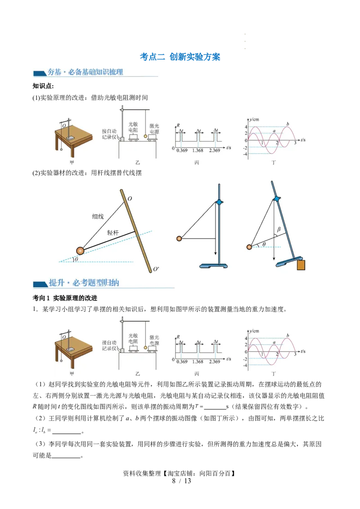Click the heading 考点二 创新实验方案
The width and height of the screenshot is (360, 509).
pyautogui.click(x=180, y=57)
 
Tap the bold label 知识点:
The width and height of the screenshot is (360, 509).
pyautogui.click(x=43, y=86)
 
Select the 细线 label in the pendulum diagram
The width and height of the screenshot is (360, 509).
pyautogui.click(x=98, y=217)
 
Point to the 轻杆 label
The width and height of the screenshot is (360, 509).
pyautogui.click(x=113, y=233)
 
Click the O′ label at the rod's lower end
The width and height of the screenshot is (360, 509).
pyautogui.click(x=156, y=269)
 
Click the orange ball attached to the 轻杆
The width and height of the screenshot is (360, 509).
pyautogui.click(x=80, y=250)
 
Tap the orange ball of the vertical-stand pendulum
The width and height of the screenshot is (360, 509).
pyautogui.click(x=179, y=239)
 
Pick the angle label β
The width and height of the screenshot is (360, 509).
pyautogui.click(x=279, y=229)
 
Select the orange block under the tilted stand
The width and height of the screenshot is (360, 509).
pyautogui.click(x=301, y=265)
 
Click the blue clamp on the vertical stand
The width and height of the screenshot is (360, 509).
pyautogui.click(x=220, y=202)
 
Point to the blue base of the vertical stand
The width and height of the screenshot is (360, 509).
pyautogui.click(x=213, y=266)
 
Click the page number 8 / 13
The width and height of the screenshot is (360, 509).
pyautogui.click(x=182, y=481)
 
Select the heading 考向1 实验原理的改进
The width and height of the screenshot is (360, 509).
pyautogui.click(x=65, y=298)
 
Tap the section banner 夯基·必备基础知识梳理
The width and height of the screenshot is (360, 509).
pyautogui.click(x=85, y=72)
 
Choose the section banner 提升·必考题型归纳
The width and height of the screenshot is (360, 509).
pyautogui.click(x=84, y=283)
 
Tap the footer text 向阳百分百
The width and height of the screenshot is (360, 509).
pyautogui.click(x=215, y=473)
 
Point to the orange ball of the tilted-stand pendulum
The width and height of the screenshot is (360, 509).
pyautogui.click(x=249, y=247)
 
